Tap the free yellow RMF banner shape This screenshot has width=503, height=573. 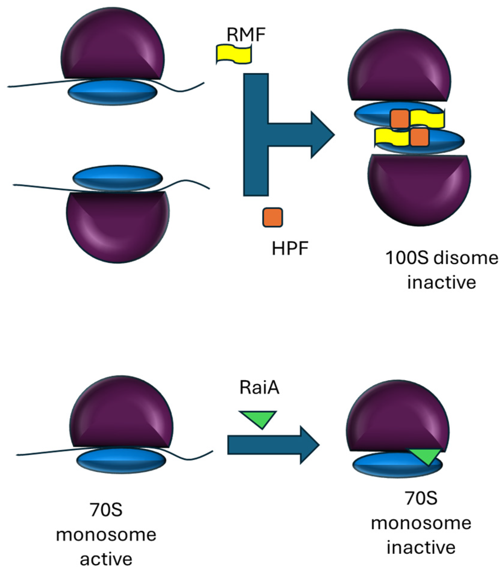tap(234, 54)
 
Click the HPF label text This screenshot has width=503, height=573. tap(290, 249)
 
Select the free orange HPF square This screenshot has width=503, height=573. tap(272, 217)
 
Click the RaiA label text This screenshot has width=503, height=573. tap(259, 387)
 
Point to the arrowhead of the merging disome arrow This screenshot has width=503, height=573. tap(322, 135)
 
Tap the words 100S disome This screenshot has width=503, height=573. tap(442, 258)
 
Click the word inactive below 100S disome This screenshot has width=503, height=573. tap(442, 282)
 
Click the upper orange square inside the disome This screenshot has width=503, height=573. tap(400, 119)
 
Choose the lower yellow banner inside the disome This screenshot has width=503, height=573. tap(392, 137)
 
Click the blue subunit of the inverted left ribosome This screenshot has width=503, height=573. tap(117, 178)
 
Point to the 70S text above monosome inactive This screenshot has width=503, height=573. tap(421, 498)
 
